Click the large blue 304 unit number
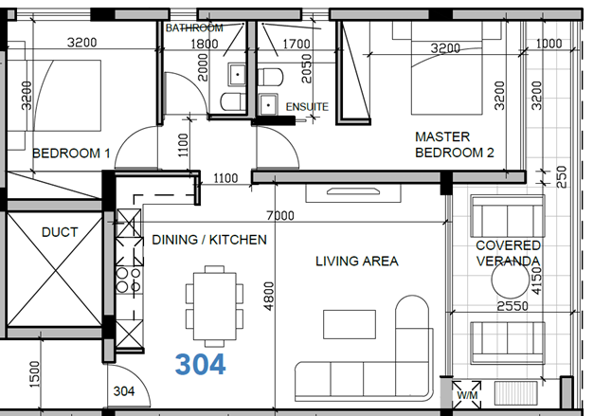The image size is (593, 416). [201, 364]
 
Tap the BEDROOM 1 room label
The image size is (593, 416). [71, 154]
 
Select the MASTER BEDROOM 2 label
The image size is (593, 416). [455, 144]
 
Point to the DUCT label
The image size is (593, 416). [60, 232]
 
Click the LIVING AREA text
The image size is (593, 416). [357, 261]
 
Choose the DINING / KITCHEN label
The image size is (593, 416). [209, 240]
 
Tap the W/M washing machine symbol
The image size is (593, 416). [467, 395]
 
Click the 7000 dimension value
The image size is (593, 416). [280, 215]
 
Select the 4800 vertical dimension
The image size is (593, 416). [269, 296]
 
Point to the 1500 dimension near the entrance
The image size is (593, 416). [34, 374]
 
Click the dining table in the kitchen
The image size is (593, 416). [214, 306]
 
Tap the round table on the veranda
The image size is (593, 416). [510, 280]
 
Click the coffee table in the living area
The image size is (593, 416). [350, 324]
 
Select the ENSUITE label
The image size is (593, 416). [307, 107]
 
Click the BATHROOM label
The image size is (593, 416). [194, 27]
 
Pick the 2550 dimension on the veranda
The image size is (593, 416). [512, 305]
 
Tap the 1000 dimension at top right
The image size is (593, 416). [549, 44]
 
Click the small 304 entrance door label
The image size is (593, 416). [124, 391]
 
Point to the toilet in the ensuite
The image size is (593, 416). [270, 77]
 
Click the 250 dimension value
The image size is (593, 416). [562, 176]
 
